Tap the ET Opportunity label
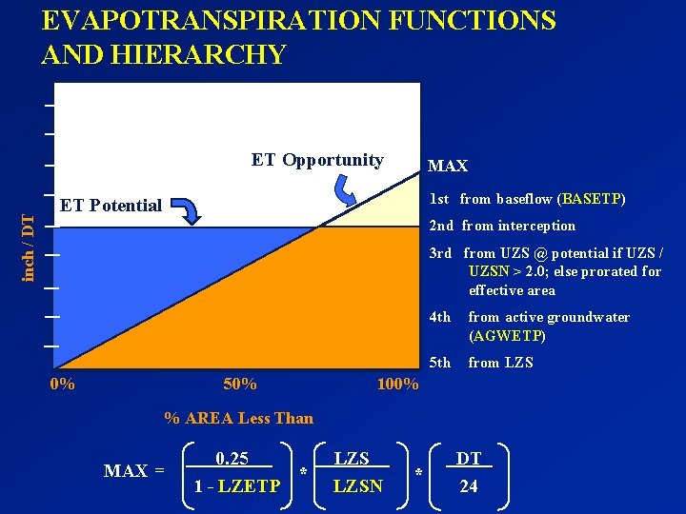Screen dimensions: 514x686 coord(317,160)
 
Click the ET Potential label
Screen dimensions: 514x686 coord(111,205)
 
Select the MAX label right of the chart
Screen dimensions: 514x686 coord(448,166)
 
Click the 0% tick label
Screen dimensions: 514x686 coord(62,385)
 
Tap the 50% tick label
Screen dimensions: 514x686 coord(239,385)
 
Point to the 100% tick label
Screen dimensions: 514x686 coord(397,385)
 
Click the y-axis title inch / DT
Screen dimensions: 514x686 coord(29,247)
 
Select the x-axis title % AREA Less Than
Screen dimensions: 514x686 coord(238,418)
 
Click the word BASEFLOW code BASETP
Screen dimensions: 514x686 coord(594,199)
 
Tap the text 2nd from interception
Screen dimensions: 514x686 coord(502,226)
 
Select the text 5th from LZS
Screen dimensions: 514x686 coord(481,363)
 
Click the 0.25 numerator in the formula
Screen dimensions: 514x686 coord(232,459)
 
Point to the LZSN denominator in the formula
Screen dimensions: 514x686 coord(358,486)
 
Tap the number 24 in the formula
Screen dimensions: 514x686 coord(468,486)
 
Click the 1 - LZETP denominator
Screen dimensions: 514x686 coord(237,486)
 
